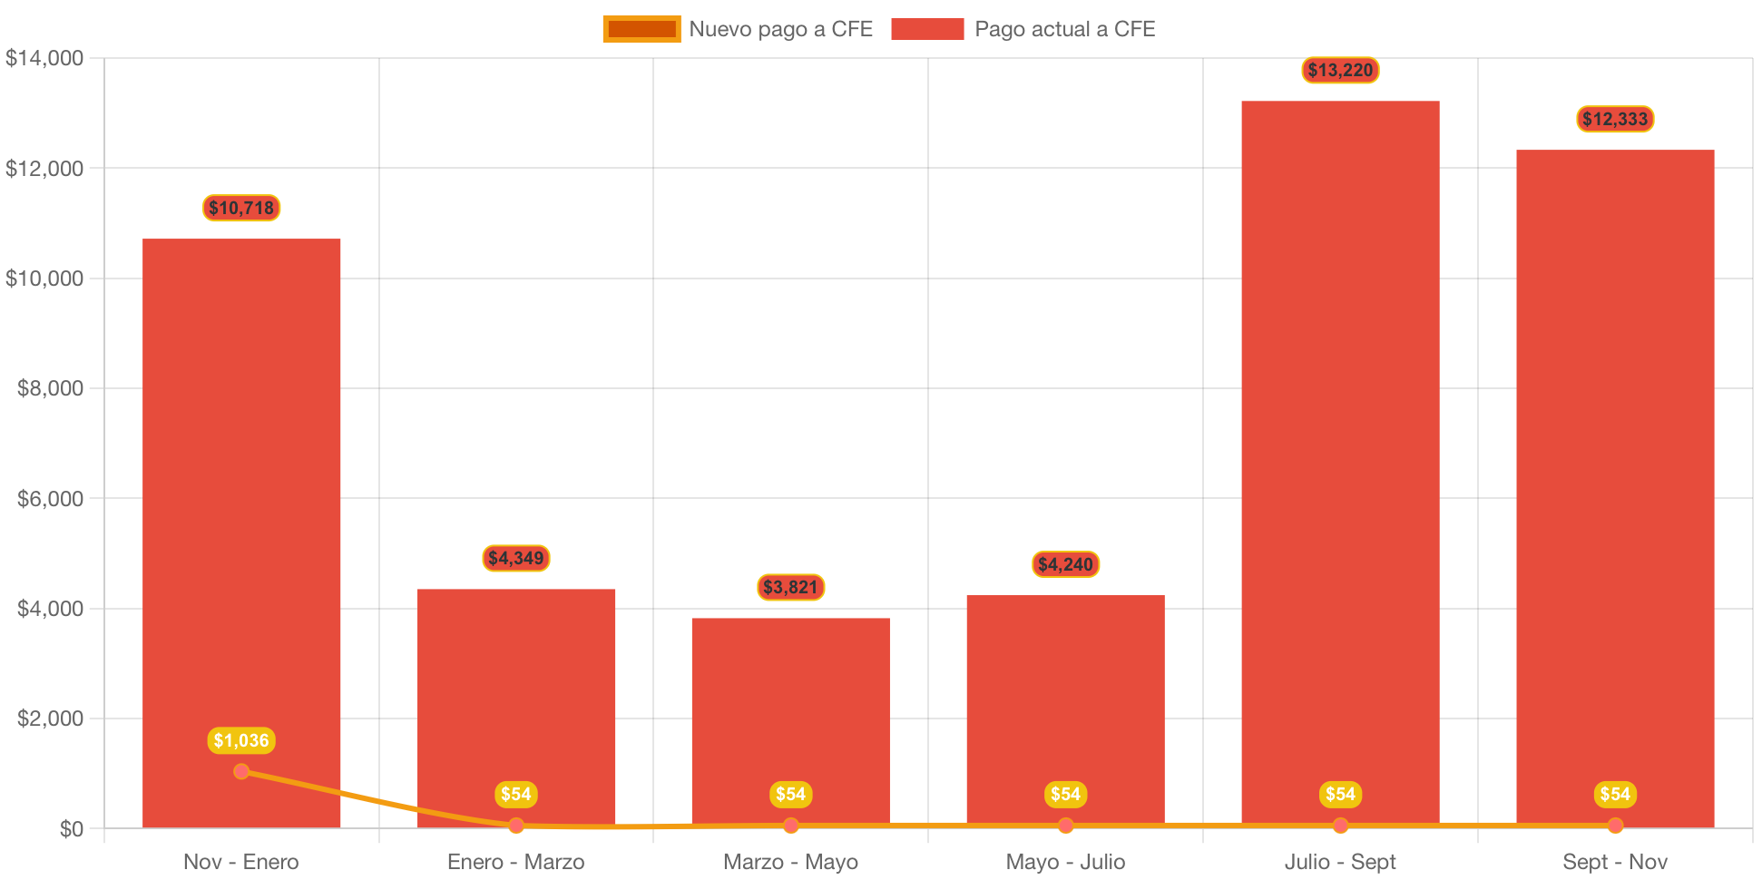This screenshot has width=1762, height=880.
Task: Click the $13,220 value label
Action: pyautogui.click(x=1340, y=70)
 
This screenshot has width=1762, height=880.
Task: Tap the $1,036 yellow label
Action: pyautogui.click(x=241, y=740)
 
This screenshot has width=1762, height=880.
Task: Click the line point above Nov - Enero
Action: pyautogui.click(x=241, y=771)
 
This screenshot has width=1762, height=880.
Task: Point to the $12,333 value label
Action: pyautogui.click(x=1615, y=119)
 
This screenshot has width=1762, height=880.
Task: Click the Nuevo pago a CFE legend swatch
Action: pyautogui.click(x=641, y=29)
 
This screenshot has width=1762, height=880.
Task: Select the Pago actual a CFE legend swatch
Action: pyautogui.click(x=927, y=29)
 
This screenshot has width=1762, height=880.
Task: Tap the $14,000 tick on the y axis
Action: pyautogui.click(x=44, y=58)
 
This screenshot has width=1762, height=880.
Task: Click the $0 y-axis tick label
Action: pyautogui.click(x=71, y=829)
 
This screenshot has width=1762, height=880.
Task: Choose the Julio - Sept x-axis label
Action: pyautogui.click(x=1340, y=862)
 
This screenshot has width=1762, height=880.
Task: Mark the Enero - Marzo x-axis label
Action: pyautogui.click(x=515, y=862)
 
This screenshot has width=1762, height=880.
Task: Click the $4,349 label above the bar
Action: pyautogui.click(x=515, y=558)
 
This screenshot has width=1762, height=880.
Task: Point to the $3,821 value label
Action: pyautogui.click(x=790, y=587)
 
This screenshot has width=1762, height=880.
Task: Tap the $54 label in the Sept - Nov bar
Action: pyautogui.click(x=1615, y=794)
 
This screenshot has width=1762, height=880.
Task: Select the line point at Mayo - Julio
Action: pyautogui.click(x=1065, y=826)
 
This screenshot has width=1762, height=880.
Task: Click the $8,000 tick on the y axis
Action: pyautogui.click(x=50, y=388)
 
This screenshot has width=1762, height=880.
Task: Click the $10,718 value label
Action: pyautogui.click(x=241, y=208)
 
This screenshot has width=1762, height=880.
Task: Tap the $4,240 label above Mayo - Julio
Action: pyautogui.click(x=1065, y=564)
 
